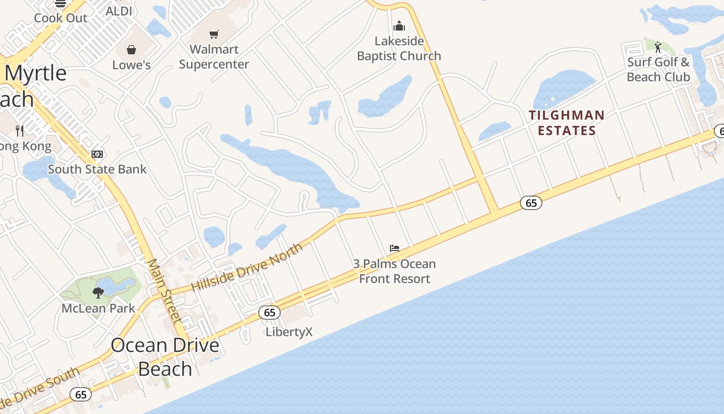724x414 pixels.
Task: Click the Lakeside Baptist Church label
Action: click(x=399, y=49)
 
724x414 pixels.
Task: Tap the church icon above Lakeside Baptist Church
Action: click(x=399, y=25)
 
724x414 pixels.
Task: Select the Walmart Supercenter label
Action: click(x=214, y=57)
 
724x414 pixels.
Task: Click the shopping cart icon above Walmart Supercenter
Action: click(x=214, y=34)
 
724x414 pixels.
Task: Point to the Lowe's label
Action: click(x=131, y=65)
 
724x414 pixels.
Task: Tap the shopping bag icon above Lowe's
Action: click(x=131, y=50)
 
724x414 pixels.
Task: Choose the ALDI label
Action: click(x=119, y=11)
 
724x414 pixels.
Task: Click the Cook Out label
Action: click(x=61, y=18)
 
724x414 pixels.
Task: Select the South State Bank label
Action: click(x=97, y=169)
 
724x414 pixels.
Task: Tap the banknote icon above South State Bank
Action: click(x=97, y=154)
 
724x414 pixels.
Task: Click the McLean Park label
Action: click(x=98, y=308)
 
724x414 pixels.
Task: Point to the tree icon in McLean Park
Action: click(x=98, y=293)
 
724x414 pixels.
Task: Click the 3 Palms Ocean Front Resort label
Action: click(x=395, y=271)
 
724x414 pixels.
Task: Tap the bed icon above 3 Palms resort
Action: click(x=395, y=248)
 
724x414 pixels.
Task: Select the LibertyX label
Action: click(x=289, y=332)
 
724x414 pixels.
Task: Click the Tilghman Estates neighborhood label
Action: click(x=567, y=123)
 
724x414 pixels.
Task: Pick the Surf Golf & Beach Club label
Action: click(x=658, y=70)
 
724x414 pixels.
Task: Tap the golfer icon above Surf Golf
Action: click(x=658, y=48)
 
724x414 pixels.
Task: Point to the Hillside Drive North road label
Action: click(x=247, y=268)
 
